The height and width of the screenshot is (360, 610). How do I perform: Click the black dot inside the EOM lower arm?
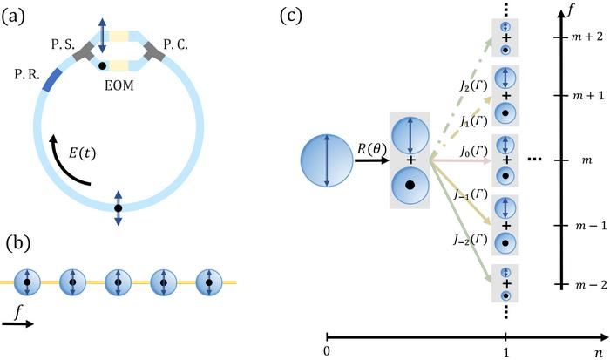click(x=104, y=65)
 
